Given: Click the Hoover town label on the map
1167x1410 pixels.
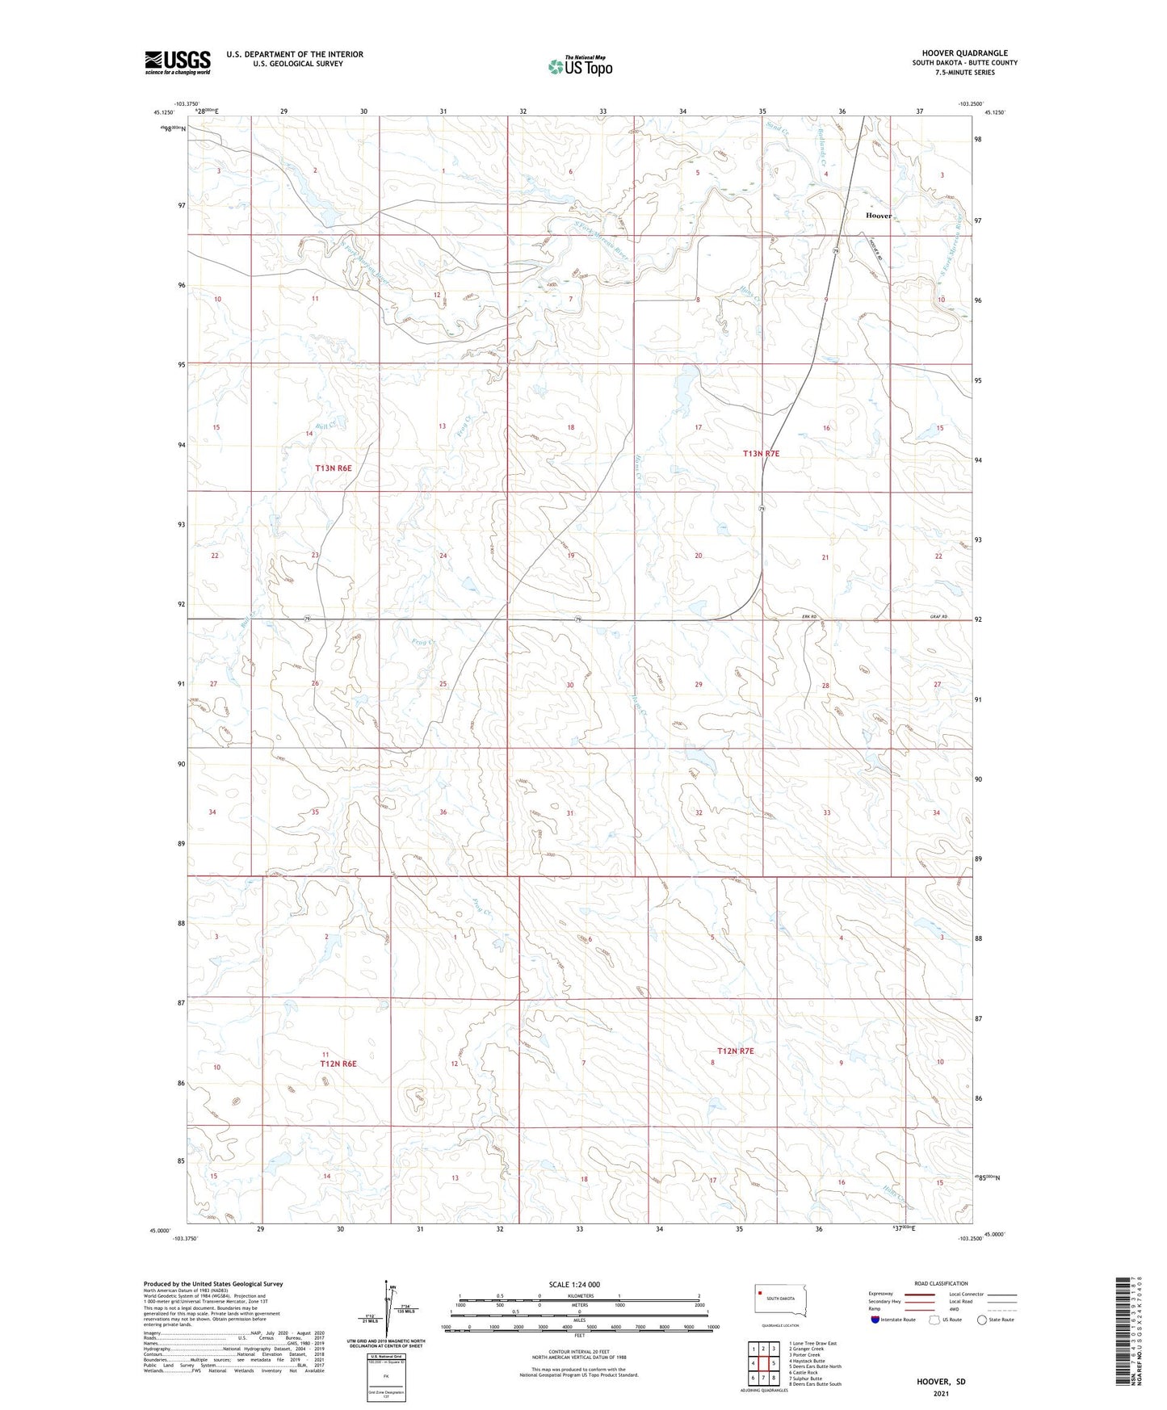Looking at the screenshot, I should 878,216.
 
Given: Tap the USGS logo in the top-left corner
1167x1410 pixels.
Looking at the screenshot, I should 177,62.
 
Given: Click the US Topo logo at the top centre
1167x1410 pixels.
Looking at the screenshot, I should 580,66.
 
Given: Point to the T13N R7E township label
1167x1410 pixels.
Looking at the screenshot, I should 761,454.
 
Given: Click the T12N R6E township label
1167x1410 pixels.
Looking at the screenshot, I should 338,1064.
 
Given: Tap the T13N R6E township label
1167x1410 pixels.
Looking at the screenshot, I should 334,468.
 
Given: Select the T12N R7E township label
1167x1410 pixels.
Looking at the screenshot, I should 735,1051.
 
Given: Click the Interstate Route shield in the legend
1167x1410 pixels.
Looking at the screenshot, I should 875,1320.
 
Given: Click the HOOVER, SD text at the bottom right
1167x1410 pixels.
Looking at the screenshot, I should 941,1381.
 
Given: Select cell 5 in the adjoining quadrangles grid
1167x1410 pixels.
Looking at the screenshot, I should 773,1363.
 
